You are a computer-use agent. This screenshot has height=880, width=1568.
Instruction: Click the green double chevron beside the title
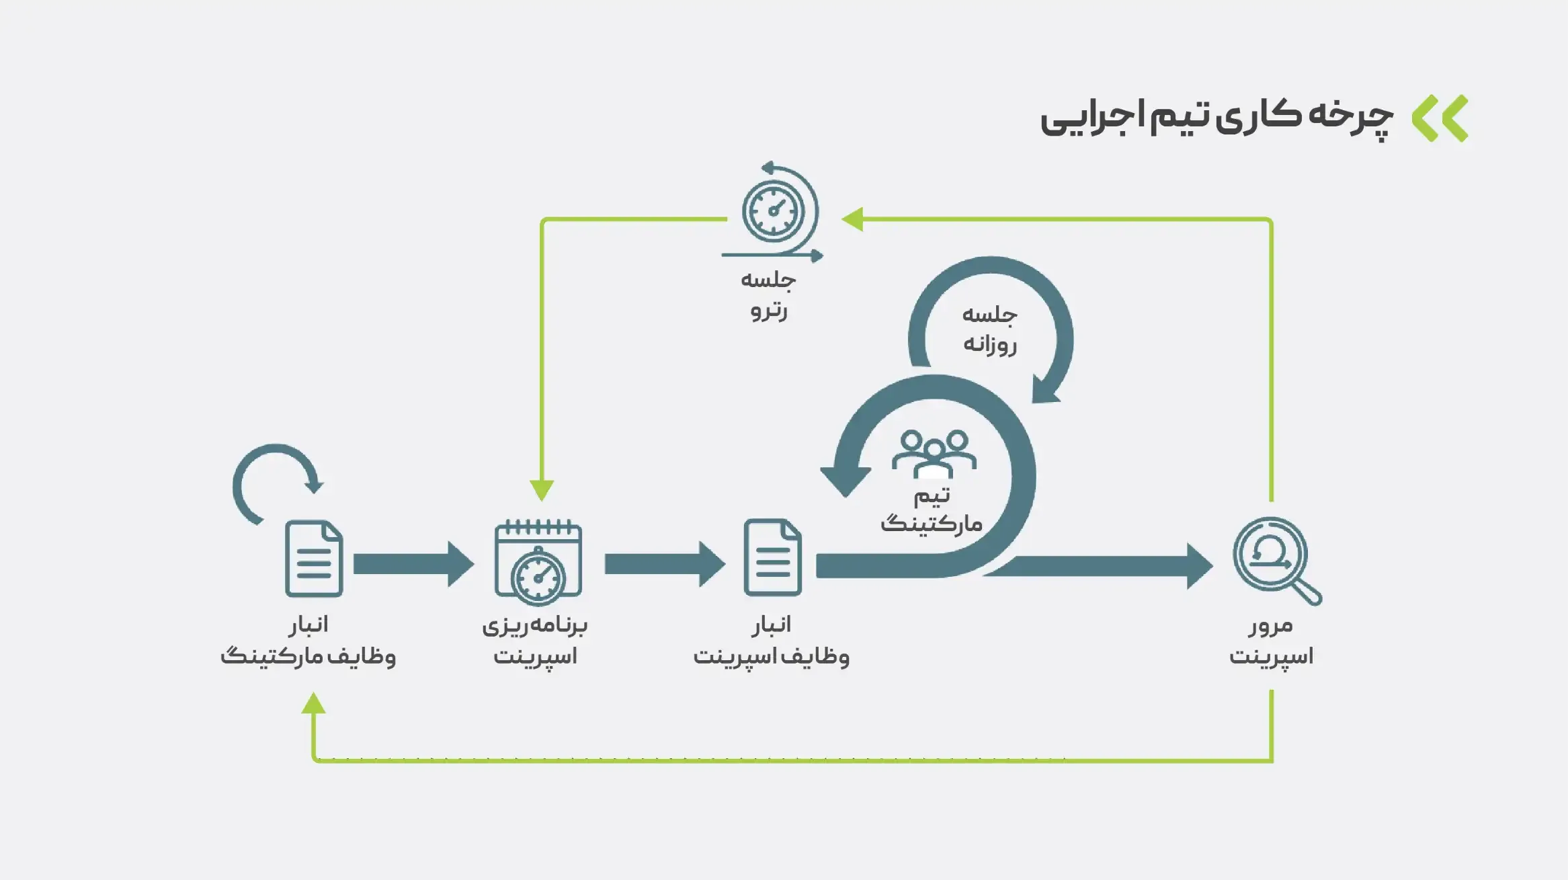1440,118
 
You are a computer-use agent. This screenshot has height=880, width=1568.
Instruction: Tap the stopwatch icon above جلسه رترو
774,211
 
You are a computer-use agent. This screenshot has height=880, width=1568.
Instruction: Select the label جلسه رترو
768,294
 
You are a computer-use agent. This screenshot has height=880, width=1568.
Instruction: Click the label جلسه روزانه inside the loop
989,329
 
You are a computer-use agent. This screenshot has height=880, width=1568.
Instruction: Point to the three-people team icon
934,452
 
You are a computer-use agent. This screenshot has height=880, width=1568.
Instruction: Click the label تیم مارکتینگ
932,510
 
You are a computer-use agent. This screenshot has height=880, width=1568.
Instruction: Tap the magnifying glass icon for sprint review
1273,558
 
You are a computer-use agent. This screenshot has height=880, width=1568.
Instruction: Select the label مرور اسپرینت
1271,640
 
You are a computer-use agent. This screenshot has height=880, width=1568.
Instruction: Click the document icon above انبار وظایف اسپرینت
772,557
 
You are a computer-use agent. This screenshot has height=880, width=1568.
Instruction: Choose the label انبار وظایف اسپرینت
771,640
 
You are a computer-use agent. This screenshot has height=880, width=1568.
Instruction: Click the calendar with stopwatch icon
538,561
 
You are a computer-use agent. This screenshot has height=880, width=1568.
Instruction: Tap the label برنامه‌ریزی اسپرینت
535,640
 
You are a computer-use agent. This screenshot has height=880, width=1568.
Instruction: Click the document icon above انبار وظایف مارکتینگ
314,558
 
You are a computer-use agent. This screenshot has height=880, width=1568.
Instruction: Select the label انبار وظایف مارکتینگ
308,640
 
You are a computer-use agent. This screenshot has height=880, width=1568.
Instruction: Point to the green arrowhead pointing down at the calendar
542,489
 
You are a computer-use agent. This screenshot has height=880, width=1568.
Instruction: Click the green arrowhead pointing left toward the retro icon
853,219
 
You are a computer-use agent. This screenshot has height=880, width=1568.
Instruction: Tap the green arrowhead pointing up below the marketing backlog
314,704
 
